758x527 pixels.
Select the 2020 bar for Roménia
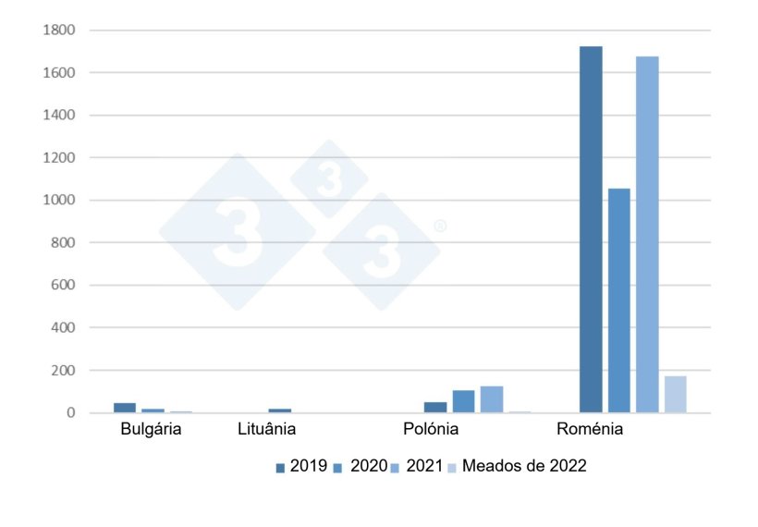(618, 300)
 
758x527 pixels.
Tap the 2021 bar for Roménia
(647, 235)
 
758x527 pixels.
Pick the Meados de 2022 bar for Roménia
(675, 395)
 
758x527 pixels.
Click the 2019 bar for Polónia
(434, 408)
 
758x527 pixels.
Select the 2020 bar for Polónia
(463, 401)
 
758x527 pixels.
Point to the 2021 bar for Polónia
(491, 399)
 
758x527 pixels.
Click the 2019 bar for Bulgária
(125, 408)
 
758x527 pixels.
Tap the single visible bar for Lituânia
(279, 410)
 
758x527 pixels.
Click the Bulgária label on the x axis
(152, 430)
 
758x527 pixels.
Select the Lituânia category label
(267, 430)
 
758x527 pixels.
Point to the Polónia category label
(431, 430)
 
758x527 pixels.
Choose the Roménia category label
(590, 430)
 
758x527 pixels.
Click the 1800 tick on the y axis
(58, 31)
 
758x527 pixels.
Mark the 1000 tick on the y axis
(58, 201)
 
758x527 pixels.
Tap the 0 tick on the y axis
(69, 413)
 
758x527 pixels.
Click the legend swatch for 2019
(280, 468)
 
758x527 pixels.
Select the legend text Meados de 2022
(524, 466)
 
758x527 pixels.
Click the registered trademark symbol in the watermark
(440, 226)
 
